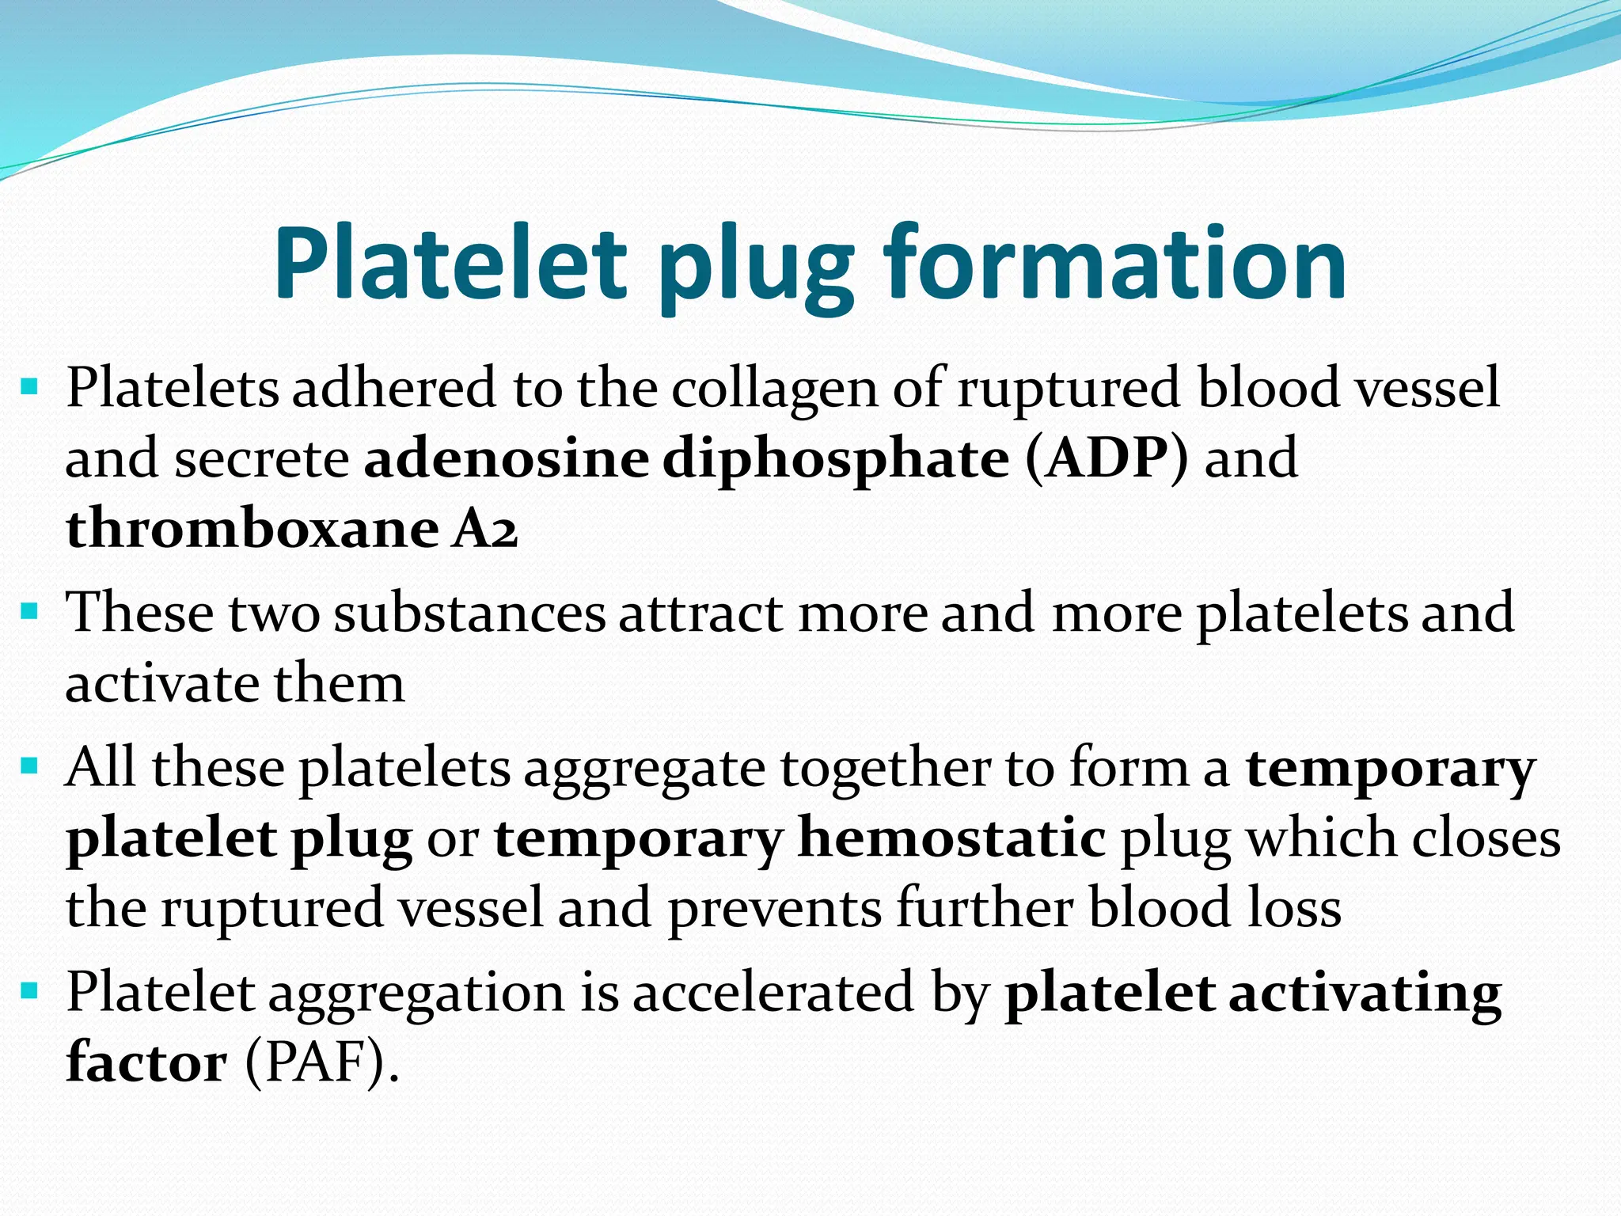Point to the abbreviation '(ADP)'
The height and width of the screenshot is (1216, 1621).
pos(1106,459)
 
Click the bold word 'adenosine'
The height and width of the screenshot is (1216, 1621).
pos(506,459)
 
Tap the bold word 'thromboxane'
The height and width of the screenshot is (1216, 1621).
pos(252,529)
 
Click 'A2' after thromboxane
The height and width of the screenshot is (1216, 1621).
pos(484,529)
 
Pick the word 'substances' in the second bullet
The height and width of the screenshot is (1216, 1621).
pos(469,614)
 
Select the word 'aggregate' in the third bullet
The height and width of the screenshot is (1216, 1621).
pos(644,770)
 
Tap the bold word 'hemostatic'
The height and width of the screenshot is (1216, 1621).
pos(951,838)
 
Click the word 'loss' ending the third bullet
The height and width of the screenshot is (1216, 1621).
pos(1294,908)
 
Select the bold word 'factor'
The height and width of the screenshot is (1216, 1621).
pos(146,1062)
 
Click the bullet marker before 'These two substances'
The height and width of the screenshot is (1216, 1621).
pos(30,611)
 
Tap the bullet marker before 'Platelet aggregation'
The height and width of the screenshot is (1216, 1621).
pos(30,990)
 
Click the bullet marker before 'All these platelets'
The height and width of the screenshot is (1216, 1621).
pos(30,766)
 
